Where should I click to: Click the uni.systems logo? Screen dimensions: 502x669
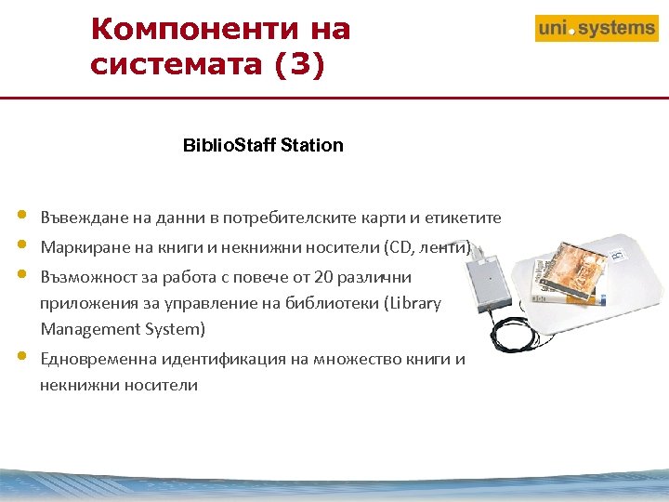point(597,29)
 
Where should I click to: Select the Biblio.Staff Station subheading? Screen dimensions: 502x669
point(263,145)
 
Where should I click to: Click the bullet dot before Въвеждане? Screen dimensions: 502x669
point(21,217)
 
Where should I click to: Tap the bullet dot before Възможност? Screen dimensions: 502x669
point(21,275)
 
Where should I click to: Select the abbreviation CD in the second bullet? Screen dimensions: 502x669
point(404,247)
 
